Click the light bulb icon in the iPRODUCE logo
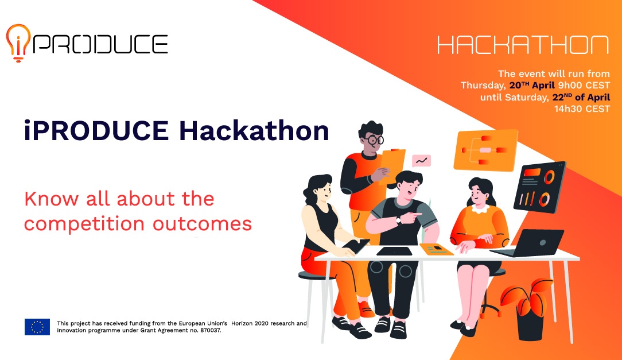tap(18, 42)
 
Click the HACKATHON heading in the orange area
tap(523, 45)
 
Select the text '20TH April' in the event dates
tap(531, 85)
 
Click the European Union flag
tap(37, 327)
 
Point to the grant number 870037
tap(208, 331)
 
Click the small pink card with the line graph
tap(421, 161)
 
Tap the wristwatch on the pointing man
tap(398, 220)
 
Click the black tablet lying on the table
tap(394, 251)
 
